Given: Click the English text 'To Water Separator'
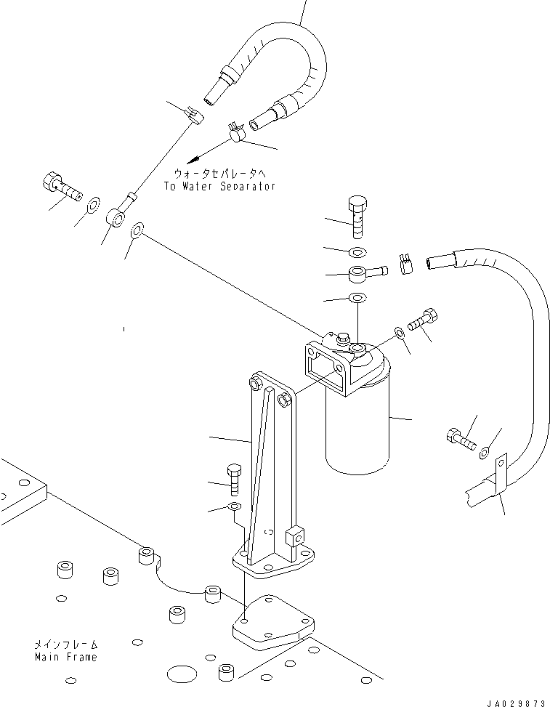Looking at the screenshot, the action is point(219,186).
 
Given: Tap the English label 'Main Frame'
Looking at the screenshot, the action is point(66,657).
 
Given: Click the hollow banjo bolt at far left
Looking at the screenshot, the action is point(62,186).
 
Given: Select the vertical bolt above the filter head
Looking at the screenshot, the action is point(357,217).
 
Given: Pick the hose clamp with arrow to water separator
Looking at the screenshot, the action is point(235,132).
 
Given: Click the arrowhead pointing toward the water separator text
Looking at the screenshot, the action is point(193,160).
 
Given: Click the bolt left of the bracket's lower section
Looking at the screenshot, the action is point(235,480).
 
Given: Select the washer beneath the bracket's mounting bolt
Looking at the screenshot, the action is point(235,506).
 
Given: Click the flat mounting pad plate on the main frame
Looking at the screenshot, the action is point(273,623).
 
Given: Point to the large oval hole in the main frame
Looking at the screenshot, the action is point(182,674).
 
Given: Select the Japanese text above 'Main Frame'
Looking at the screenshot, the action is point(66,645).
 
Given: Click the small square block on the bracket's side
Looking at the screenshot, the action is point(295,536).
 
